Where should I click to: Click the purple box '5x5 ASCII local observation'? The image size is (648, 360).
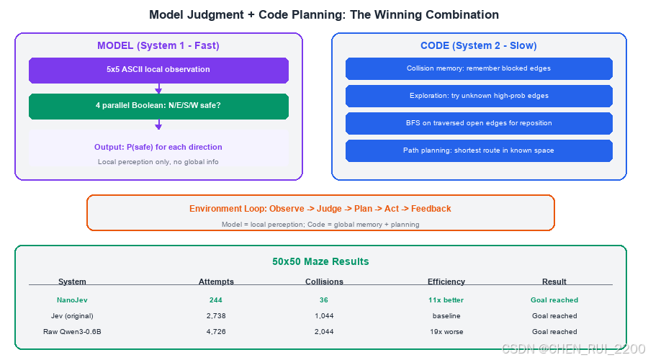point(158,71)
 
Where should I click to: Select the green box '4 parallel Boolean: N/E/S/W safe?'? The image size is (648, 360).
point(158,107)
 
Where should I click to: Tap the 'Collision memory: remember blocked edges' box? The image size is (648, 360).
point(479,68)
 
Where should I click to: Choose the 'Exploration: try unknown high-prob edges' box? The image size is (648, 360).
point(479,96)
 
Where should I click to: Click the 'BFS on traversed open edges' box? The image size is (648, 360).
point(479,123)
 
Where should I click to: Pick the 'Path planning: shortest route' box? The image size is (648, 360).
point(479,150)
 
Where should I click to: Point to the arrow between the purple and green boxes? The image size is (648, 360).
point(158,89)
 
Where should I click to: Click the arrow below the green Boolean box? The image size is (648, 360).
point(158,125)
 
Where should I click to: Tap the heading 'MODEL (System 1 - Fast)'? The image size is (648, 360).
point(158,45)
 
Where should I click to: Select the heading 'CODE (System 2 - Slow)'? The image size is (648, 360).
point(479,45)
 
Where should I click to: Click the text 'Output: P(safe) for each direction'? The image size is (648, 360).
point(158,147)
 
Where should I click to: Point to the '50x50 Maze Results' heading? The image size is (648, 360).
point(320,261)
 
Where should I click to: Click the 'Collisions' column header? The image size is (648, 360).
point(324,282)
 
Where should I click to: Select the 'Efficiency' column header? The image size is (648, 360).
point(446,282)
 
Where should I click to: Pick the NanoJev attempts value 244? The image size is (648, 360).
point(216,300)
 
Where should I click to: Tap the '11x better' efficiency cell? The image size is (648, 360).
point(446,300)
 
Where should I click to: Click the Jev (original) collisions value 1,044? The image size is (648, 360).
point(324,316)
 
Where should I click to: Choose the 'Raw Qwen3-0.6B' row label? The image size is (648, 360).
point(72,331)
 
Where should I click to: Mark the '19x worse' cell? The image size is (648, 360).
point(446,331)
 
